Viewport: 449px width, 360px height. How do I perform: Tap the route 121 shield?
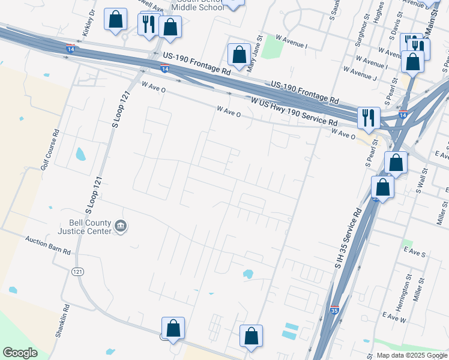[x=77, y=272]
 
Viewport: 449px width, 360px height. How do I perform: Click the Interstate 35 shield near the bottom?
[x=334, y=310]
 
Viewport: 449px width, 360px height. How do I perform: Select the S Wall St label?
[x=420, y=180]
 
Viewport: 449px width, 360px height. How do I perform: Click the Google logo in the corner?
[x=20, y=353]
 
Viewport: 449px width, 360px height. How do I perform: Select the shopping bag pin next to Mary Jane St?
[x=239, y=55]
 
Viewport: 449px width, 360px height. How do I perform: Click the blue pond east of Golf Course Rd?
[x=80, y=155]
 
